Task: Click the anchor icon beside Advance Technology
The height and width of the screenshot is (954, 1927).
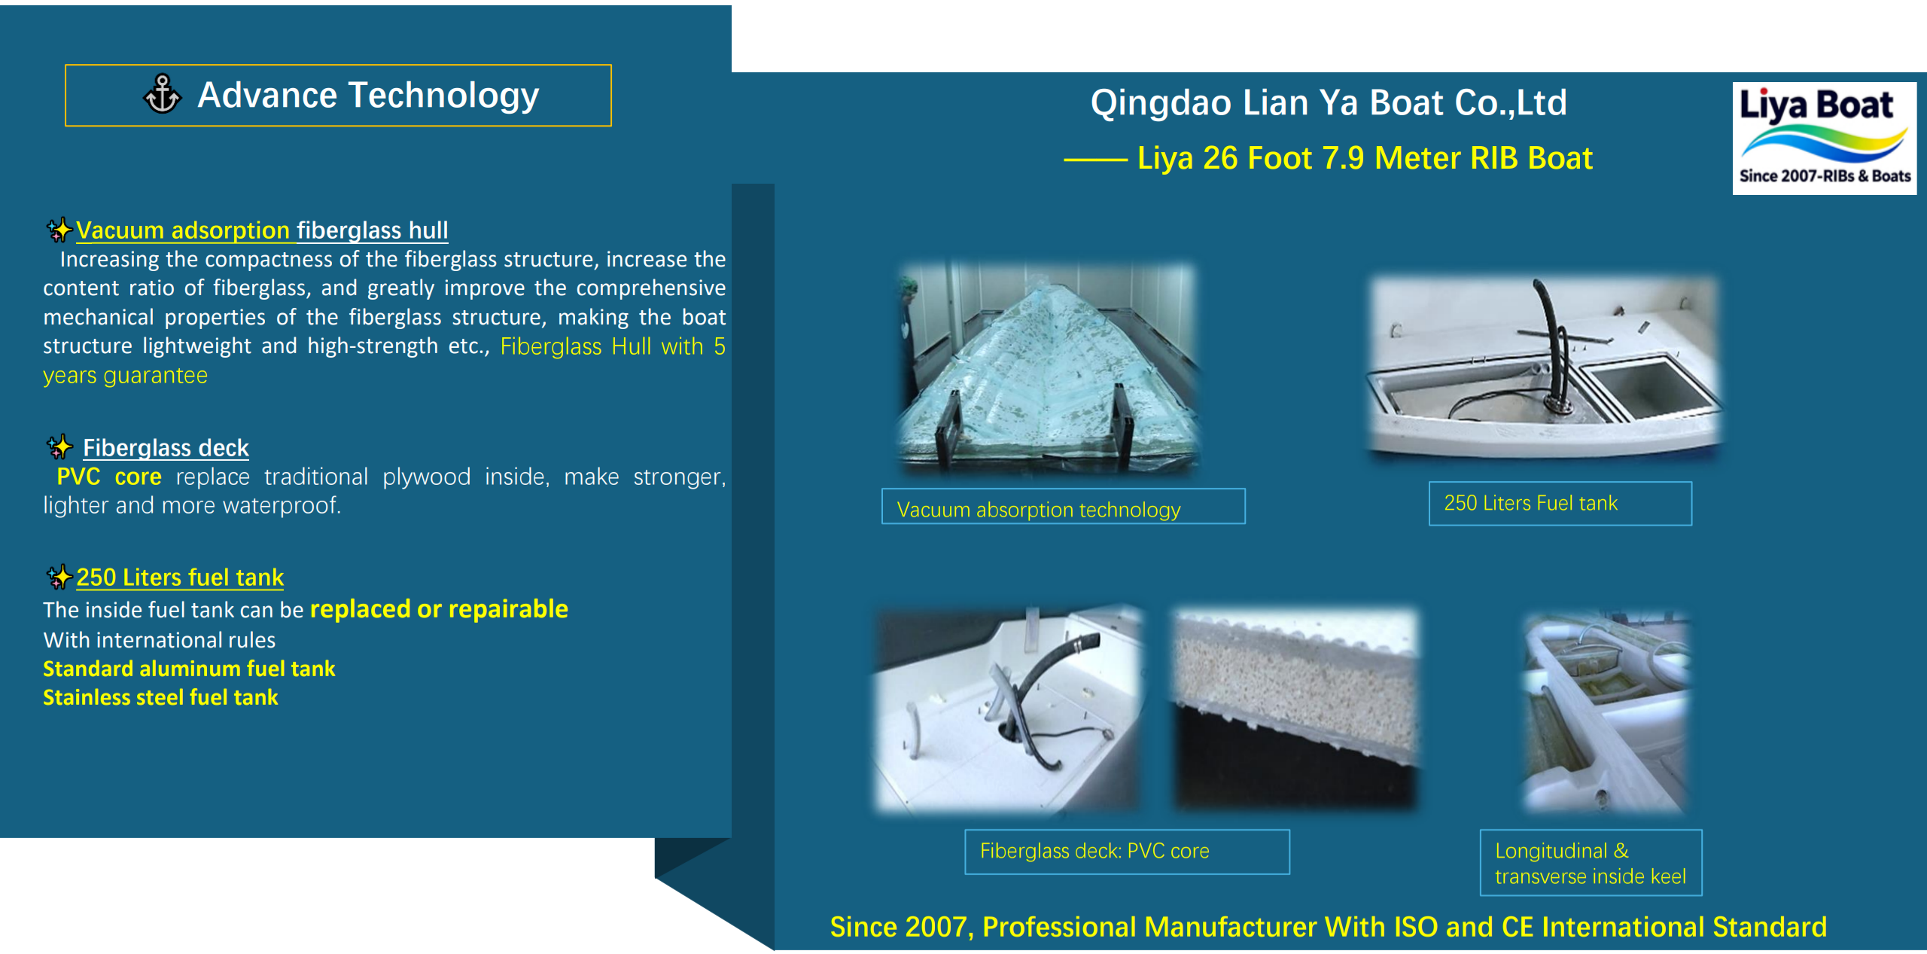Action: (x=162, y=95)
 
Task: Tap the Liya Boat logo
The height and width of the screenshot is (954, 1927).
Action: (x=1824, y=139)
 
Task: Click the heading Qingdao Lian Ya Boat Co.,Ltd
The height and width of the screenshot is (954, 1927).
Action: (x=1329, y=102)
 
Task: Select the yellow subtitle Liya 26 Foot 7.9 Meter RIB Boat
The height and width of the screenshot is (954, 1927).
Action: (x=1365, y=159)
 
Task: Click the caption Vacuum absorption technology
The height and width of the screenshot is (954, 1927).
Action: (x=1039, y=510)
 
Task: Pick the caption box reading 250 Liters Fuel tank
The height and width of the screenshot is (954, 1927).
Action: (x=1560, y=503)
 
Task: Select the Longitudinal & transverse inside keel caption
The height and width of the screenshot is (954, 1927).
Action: (x=1591, y=863)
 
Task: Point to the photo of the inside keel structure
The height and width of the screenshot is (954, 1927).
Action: (x=1606, y=712)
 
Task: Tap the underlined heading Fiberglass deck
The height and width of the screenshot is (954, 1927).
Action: (x=166, y=448)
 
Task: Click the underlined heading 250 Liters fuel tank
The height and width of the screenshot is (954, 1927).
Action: (x=180, y=578)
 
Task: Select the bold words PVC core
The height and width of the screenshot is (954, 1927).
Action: (x=109, y=477)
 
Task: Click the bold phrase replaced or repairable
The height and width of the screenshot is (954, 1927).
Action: (x=439, y=608)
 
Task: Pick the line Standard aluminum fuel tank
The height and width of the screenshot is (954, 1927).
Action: (x=189, y=669)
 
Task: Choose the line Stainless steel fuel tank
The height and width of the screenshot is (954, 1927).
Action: (x=160, y=697)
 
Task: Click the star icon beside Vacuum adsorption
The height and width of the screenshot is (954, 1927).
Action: (x=59, y=230)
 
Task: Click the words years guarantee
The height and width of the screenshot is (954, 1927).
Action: (x=125, y=375)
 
